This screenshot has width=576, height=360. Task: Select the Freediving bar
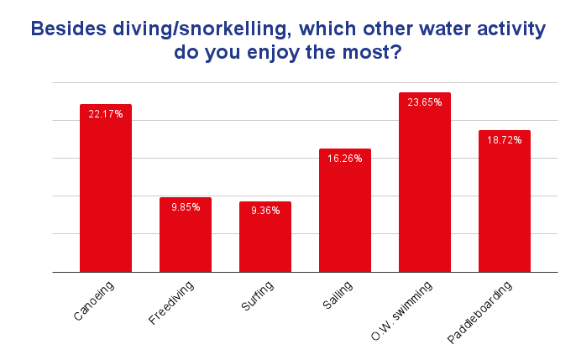[186, 239]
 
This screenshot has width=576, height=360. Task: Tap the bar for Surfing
[265, 242]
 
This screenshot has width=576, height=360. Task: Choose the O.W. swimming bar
[425, 189]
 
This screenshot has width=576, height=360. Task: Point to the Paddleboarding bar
[505, 206]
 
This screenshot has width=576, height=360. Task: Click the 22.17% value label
[106, 114]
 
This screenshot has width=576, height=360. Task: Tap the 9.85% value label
[186, 207]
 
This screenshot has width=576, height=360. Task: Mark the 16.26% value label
[345, 159]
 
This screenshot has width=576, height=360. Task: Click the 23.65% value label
[425, 102]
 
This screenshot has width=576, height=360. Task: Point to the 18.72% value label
[505, 140]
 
